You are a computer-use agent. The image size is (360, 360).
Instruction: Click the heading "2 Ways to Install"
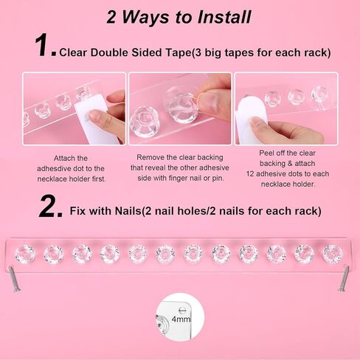point(179,16)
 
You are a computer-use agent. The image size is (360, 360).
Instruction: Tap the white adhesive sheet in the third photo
point(253,118)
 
